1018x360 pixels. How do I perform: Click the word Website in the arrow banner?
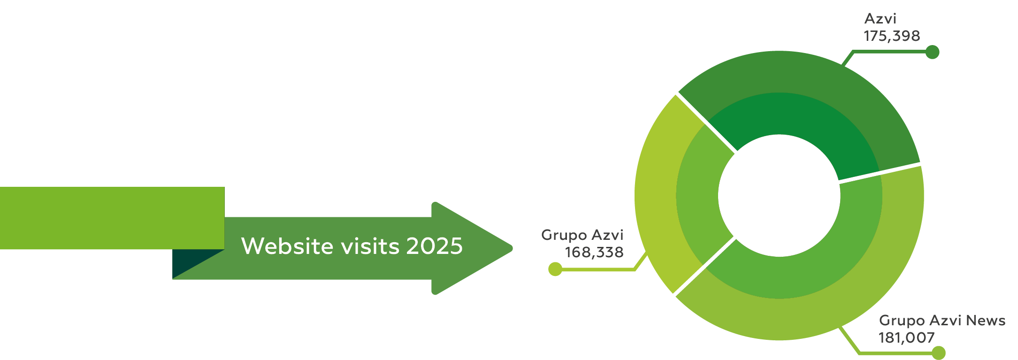tap(287, 246)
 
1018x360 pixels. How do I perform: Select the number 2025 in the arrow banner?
tap(435, 246)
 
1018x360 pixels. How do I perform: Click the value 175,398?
tap(892, 36)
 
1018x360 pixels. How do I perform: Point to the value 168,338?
tap(594, 253)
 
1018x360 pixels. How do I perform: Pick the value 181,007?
tap(907, 338)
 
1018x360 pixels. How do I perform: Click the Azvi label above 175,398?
tap(880, 19)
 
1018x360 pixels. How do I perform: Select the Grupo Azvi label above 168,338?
tap(582, 235)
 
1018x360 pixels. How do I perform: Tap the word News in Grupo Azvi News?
tap(986, 321)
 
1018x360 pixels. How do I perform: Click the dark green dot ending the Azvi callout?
tap(933, 52)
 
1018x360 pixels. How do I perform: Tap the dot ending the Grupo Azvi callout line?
tap(555, 269)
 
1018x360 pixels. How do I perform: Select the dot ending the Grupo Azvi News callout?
tap(939, 353)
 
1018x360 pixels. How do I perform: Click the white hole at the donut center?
tap(779, 196)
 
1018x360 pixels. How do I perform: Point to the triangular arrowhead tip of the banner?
tap(513, 248)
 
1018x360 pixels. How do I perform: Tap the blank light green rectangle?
tap(112, 218)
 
